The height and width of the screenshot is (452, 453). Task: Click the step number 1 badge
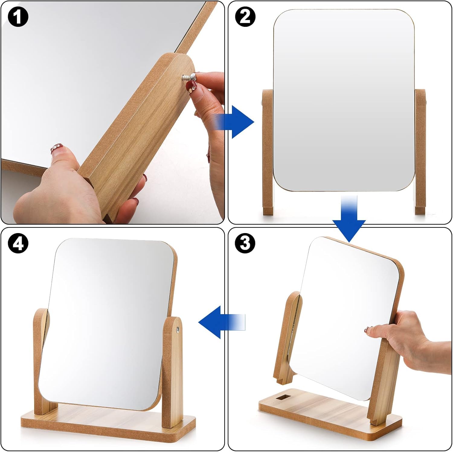click(18, 17)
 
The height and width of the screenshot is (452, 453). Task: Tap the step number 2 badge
click(245, 17)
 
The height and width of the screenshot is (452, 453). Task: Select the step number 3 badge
click(245, 243)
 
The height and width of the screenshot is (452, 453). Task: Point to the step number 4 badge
click(18, 243)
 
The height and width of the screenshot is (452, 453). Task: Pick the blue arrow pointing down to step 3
click(349, 219)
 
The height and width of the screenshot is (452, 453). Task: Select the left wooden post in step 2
click(268, 152)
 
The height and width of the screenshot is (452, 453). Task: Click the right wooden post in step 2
click(420, 152)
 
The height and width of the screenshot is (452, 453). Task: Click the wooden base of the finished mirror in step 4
click(108, 424)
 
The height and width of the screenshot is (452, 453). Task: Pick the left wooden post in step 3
click(288, 338)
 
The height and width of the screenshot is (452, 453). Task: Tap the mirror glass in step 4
click(107, 324)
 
